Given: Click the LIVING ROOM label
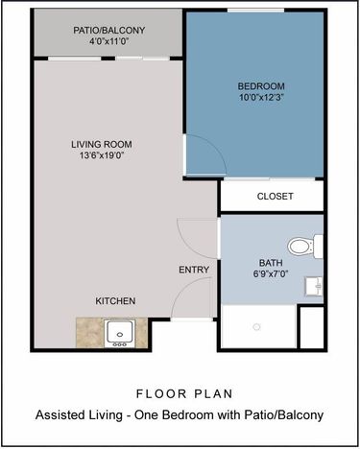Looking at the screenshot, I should pyautogui.click(x=100, y=144).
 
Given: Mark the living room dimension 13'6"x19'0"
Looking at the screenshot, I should pyautogui.click(x=100, y=156).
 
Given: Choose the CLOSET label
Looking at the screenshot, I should pyautogui.click(x=275, y=197).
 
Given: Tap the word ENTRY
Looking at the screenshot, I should pyautogui.click(x=194, y=270).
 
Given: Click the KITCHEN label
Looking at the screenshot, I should pyautogui.click(x=115, y=301).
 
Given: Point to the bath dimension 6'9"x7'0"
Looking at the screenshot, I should pyautogui.click(x=271, y=275).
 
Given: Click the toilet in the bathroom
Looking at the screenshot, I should pyautogui.click(x=301, y=247).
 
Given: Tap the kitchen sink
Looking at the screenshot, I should pyautogui.click(x=119, y=332).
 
